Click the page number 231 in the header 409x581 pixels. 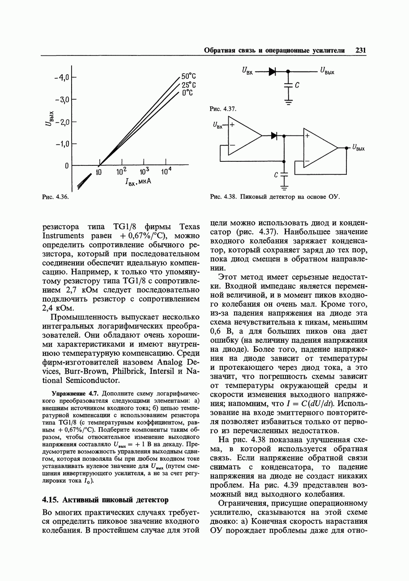(361, 51)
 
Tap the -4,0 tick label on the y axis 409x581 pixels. (61, 77)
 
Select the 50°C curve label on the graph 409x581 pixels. (189, 76)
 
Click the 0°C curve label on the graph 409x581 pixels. (187, 93)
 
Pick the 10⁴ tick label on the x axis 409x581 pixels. (166, 173)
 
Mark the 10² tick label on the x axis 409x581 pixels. (122, 173)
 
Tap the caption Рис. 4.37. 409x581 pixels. (223, 109)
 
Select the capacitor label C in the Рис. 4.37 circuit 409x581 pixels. (297, 84)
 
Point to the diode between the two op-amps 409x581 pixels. (274, 135)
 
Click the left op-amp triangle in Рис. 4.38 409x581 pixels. (244, 136)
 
